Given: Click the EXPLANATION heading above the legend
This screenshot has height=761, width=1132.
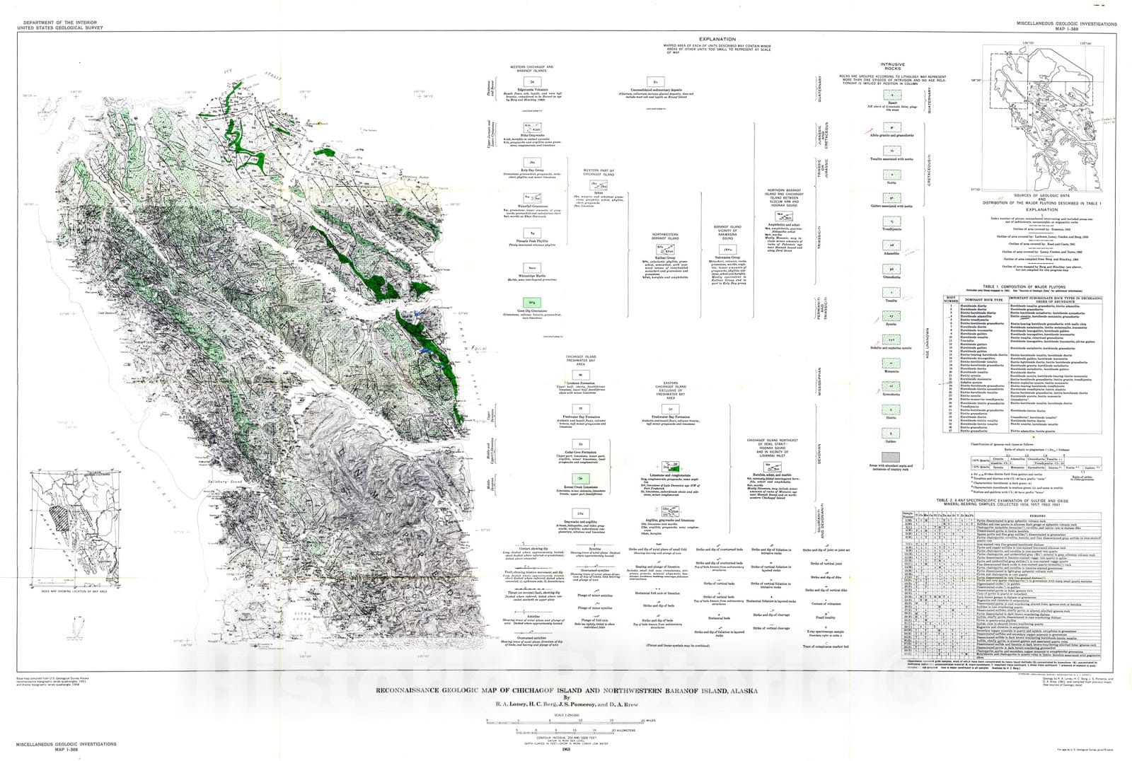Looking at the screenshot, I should point(717,40).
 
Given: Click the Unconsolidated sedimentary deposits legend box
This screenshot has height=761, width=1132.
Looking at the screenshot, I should point(656,83).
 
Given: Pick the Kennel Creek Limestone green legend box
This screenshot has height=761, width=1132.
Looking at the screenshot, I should point(580,479).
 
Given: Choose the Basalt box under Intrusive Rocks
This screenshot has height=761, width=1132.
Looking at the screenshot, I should point(892,95).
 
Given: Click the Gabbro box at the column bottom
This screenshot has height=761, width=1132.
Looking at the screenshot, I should point(891,434).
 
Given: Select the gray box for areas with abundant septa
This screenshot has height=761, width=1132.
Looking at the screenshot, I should point(891,458).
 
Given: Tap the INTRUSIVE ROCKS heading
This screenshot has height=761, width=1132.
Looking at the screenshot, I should point(892,67).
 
